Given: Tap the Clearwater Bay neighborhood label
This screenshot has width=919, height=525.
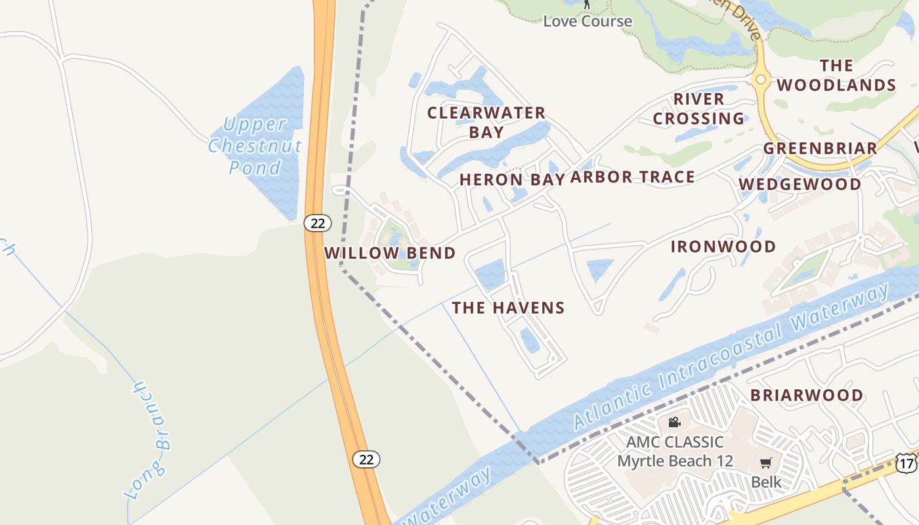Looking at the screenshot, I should (x=486, y=122).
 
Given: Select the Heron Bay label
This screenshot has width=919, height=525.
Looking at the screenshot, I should (x=512, y=179).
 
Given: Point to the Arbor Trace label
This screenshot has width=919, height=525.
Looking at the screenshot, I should (x=632, y=177).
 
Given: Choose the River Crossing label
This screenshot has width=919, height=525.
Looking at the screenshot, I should (x=698, y=109).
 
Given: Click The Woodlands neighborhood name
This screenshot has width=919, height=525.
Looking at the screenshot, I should (x=836, y=75).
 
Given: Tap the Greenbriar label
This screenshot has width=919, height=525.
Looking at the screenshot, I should (x=820, y=148).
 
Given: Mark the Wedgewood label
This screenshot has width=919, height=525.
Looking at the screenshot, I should (x=800, y=184).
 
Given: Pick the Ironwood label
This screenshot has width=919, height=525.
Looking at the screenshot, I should (x=723, y=247).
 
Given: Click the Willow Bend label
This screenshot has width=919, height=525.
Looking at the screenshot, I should (x=390, y=253).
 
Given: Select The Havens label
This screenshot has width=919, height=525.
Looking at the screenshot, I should (x=508, y=308).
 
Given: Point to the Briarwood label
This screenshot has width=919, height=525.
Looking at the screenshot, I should (x=807, y=395).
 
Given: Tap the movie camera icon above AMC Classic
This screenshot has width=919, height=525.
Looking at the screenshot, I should (x=674, y=422).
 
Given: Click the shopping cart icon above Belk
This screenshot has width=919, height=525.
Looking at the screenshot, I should (x=766, y=463).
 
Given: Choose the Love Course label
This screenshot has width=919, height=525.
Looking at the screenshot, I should (x=588, y=21).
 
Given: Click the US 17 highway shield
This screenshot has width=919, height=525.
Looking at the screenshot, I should (x=907, y=463).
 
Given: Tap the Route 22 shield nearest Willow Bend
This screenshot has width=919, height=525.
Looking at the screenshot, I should (x=318, y=223).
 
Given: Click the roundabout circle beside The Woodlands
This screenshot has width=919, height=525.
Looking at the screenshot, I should (x=761, y=79).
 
